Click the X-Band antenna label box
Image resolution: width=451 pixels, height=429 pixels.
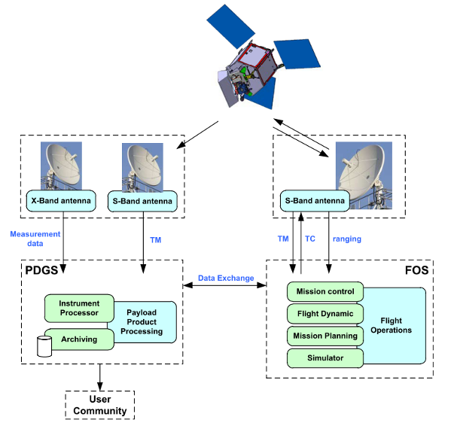pyautogui.click(x=61, y=201)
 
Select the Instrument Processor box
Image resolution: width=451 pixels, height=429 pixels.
pyautogui.click(x=79, y=309)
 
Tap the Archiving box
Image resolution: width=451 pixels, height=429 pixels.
pyautogui.click(x=79, y=339)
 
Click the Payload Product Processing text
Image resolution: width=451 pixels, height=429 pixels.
pyautogui.click(x=142, y=322)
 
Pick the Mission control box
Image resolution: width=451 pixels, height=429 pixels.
pyautogui.click(x=325, y=291)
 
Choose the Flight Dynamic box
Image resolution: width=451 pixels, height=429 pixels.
pyautogui.click(x=325, y=314)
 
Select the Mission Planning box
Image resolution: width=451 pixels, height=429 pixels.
pyautogui.click(x=325, y=336)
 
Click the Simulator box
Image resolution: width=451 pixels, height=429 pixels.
pyautogui.click(x=325, y=358)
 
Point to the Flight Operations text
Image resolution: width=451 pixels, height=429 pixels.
pyautogui.click(x=392, y=325)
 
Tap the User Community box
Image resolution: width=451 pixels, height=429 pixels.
pyautogui.click(x=100, y=405)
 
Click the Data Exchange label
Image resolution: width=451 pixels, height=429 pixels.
pyautogui.click(x=226, y=278)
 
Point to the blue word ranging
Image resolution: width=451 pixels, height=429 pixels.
pyautogui.click(x=347, y=239)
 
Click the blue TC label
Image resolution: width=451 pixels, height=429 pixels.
pyautogui.click(x=310, y=239)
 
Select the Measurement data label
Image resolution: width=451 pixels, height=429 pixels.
pyautogui.click(x=35, y=239)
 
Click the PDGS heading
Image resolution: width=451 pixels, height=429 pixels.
pyautogui.click(x=41, y=270)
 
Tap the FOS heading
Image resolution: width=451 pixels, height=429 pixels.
pyautogui.click(x=417, y=270)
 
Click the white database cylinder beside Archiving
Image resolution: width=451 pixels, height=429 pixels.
pyautogui.click(x=44, y=346)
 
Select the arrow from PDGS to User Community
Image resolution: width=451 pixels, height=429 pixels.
pyautogui.click(x=100, y=377)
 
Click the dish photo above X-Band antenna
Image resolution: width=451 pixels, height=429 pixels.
pyautogui.click(x=61, y=166)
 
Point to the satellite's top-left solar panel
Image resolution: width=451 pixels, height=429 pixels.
pyautogui.click(x=230, y=26)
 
